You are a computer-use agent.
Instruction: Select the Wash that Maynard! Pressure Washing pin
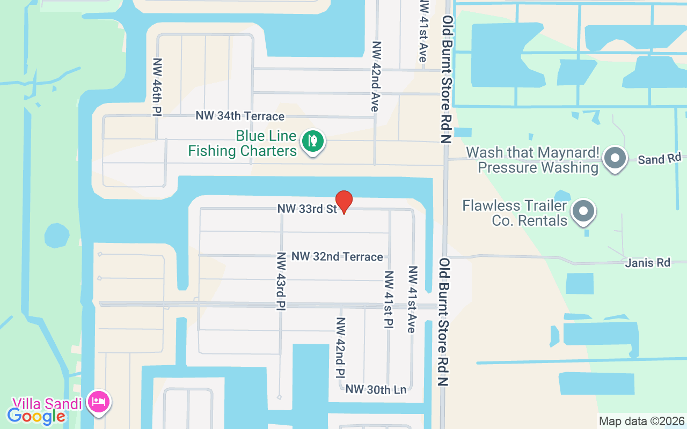(x=615, y=159)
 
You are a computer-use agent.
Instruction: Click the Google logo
(x=36, y=416)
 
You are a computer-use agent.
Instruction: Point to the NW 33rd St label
(x=307, y=209)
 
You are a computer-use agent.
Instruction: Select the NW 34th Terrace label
(x=240, y=116)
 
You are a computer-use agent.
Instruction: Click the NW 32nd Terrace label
(x=337, y=257)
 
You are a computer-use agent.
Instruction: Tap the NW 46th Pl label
(x=157, y=87)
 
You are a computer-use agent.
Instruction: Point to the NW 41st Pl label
(x=389, y=299)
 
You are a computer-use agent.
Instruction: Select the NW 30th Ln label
(x=376, y=390)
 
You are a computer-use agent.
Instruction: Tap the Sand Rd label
(x=659, y=159)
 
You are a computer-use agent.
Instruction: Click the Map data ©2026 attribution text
(x=641, y=421)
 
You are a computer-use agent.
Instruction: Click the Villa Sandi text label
(x=47, y=403)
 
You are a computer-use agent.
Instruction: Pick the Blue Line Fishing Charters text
(x=242, y=144)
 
